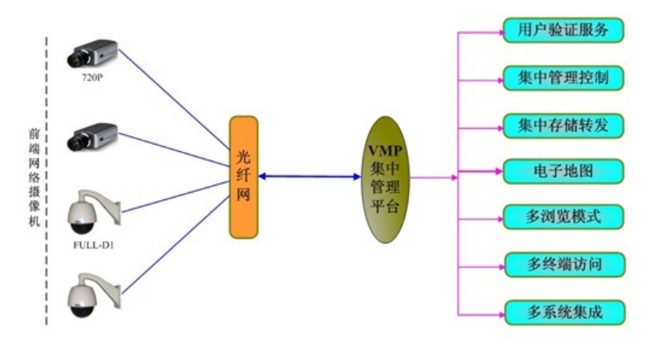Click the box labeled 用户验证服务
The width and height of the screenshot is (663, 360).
(x=563, y=31)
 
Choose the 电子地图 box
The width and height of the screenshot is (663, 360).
(x=563, y=170)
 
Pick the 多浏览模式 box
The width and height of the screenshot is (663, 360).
(x=563, y=216)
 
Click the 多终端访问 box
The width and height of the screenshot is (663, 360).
(x=563, y=263)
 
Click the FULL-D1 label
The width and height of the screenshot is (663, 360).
(x=92, y=244)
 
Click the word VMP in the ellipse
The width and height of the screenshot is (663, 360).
(x=385, y=151)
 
